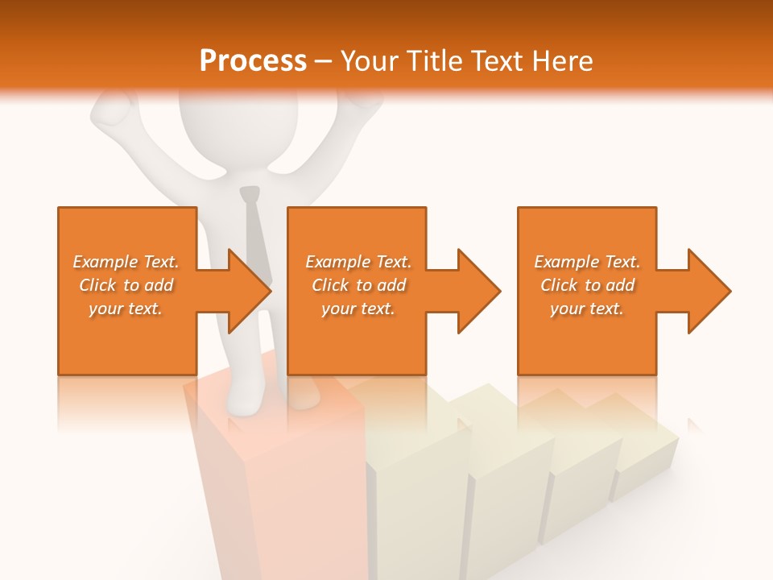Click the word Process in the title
(253, 60)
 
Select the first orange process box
(127, 242)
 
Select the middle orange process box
(357, 242)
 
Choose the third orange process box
(586, 242)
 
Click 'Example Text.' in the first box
(126, 262)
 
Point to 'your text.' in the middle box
(358, 309)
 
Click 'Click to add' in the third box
(587, 285)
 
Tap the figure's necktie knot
(250, 194)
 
